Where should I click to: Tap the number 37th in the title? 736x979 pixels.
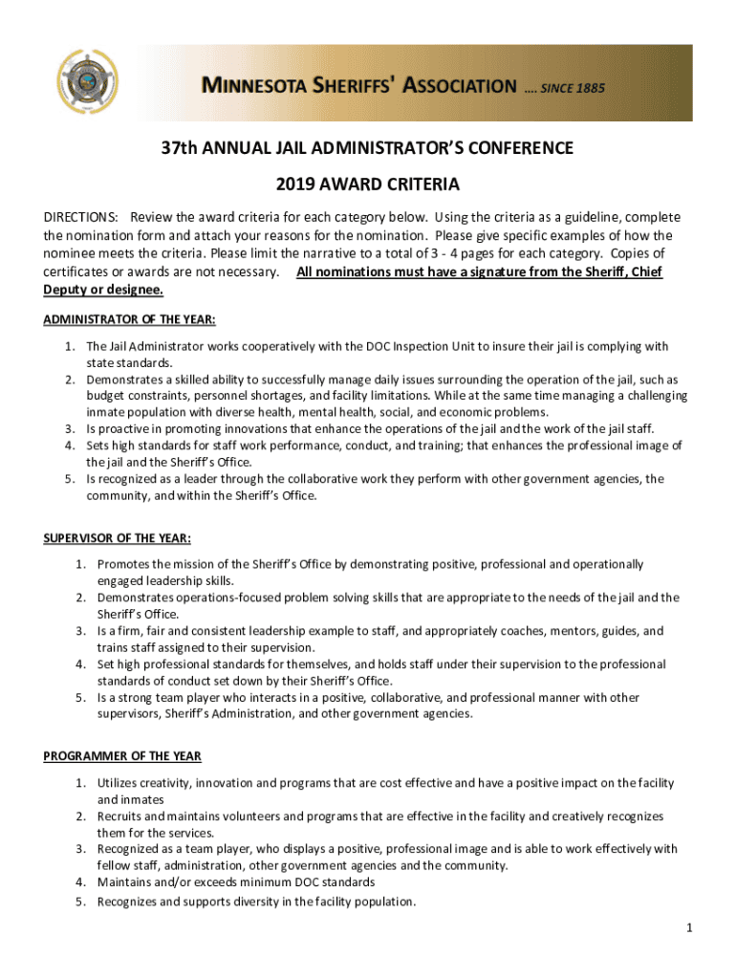180,148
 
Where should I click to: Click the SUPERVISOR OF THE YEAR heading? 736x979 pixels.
117,537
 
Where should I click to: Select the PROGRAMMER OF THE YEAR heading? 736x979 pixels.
122,756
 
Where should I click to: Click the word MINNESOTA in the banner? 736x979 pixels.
267,86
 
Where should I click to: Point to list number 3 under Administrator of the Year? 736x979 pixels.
69,428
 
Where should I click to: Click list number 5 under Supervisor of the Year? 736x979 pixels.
81,698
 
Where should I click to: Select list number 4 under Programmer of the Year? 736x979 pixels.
81,882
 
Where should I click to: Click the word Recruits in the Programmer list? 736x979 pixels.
119,816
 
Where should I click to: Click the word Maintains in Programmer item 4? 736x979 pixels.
126,882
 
